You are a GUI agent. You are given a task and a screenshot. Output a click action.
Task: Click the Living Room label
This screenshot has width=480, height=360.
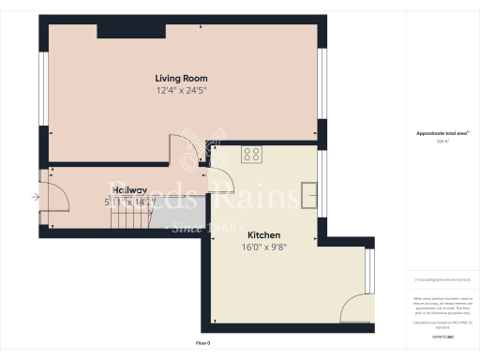coord(181,78)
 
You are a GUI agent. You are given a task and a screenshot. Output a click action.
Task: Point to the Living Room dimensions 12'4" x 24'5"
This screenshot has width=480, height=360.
coord(181,91)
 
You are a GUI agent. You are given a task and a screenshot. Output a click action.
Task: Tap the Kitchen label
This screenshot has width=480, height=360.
coord(264,235)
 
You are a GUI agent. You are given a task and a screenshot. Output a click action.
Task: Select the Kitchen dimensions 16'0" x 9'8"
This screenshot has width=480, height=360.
coord(264,248)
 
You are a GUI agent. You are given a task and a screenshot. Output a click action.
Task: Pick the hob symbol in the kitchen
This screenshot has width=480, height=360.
coord(251,154)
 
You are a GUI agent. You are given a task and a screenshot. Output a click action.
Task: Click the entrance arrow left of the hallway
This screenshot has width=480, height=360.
coord(35,197)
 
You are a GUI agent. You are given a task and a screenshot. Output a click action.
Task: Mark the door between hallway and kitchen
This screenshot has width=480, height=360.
coord(223,179)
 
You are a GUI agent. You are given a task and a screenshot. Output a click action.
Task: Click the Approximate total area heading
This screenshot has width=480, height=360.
coord(442,133)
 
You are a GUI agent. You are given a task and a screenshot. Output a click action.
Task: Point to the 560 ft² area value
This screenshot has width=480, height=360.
coord(442,142)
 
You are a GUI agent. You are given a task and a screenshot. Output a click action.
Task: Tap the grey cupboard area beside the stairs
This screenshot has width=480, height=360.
coord(176,221)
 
